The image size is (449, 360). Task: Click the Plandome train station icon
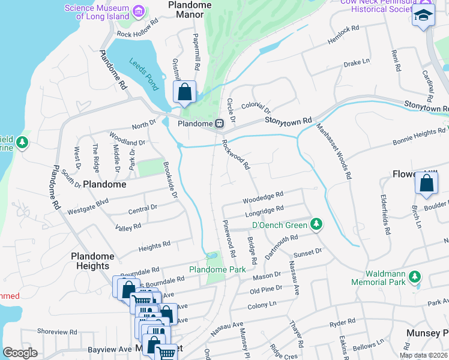coord(220,124)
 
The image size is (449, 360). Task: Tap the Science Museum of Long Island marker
coord(139,11)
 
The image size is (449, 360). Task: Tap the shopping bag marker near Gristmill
coord(185,92)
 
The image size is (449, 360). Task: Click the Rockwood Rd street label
coord(235,155)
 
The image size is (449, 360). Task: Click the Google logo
coord(20,353)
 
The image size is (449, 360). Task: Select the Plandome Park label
coord(217,270)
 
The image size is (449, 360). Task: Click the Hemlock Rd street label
coord(343,35)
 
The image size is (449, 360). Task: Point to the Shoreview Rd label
coord(56,331)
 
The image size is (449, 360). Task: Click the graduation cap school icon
coord(423,16)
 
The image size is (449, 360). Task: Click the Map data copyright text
coord(423,355)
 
